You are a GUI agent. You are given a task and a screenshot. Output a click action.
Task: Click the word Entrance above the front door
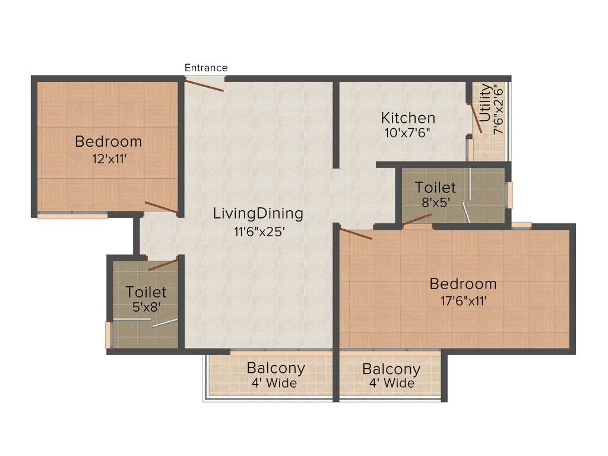coord(206,68)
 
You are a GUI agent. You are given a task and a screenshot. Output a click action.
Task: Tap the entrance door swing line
coord(204,85)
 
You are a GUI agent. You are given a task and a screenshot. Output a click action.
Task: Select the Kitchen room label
coord(408,118)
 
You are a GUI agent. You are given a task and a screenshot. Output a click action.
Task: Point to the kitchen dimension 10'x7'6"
coord(407,132)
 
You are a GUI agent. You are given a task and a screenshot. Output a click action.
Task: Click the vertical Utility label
coord(485,103)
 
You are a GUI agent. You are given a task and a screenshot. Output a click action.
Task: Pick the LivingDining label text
coord(258,213)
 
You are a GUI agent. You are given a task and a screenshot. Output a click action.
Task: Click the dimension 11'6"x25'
coord(260,231)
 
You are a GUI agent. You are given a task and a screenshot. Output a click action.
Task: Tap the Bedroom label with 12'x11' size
coord(109,141)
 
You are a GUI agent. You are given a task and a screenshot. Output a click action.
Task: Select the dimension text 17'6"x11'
coord(463,300)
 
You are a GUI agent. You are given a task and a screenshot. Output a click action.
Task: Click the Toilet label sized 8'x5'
coord(435,188)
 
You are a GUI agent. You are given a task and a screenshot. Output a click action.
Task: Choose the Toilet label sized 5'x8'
coord(146,292)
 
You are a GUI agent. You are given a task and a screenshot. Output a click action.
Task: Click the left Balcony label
coord(276,368)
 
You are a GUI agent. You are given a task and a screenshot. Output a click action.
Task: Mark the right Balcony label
coord(391,369)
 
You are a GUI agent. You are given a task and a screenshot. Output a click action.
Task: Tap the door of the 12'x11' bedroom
coord(160,207)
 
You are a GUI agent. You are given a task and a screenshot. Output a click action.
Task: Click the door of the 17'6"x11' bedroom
coord(356,233)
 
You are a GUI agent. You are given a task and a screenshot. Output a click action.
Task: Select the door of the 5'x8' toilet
coord(163,265)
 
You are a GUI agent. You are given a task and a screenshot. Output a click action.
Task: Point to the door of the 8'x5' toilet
coord(417,220)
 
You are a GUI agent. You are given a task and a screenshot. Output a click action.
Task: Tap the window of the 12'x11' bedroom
coord(72,216)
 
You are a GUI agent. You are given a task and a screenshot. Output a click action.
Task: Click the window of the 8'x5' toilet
coord(509,195)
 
